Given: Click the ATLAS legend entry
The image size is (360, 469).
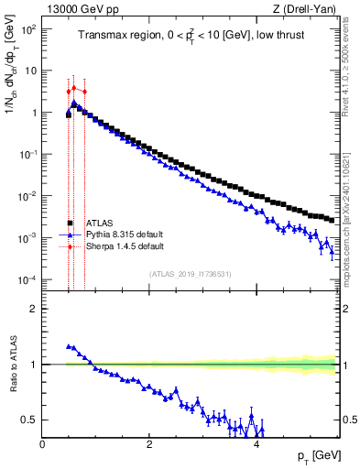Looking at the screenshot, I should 100,223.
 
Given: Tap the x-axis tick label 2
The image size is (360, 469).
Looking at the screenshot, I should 149,444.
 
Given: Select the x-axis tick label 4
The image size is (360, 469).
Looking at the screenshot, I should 256,444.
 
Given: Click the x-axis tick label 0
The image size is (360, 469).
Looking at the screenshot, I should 42,444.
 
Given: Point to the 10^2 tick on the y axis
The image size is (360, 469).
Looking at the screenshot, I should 29,29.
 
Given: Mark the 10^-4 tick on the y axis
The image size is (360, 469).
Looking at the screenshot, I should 29,279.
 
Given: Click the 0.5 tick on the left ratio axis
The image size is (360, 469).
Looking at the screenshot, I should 31,420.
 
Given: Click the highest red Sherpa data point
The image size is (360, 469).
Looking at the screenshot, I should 73,88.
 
